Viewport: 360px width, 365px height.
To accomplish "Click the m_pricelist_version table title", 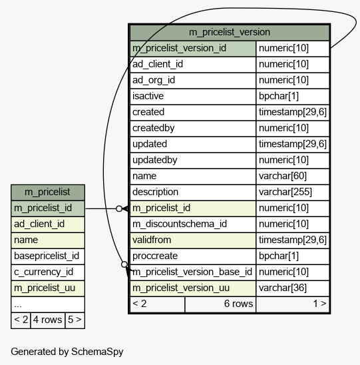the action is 230,32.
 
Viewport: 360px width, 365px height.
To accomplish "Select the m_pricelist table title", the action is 47,192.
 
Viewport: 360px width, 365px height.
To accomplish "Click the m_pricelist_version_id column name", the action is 179,48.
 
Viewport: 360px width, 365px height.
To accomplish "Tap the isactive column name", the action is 148,96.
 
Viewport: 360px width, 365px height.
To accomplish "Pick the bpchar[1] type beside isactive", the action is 279,96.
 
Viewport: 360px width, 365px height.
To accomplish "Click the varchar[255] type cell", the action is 285,192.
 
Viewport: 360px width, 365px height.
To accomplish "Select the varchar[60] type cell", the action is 283,176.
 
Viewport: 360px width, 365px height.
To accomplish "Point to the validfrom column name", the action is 152,240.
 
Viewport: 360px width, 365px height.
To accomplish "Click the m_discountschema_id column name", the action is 180,224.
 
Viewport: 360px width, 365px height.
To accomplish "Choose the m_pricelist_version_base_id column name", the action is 192,272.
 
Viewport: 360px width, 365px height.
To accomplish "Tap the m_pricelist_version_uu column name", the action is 181,288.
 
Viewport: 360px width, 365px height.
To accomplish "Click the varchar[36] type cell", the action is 283,288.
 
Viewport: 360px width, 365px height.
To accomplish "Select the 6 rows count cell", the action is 238,304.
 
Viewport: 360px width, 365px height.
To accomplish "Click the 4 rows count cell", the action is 47,320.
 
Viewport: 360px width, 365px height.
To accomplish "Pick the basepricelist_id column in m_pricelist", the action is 47,256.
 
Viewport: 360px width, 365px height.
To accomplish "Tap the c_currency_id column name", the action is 43,272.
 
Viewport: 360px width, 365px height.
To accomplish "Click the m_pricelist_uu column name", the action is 45,288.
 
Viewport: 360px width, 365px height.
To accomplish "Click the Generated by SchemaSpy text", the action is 67,352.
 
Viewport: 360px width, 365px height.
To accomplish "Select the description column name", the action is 155,192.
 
